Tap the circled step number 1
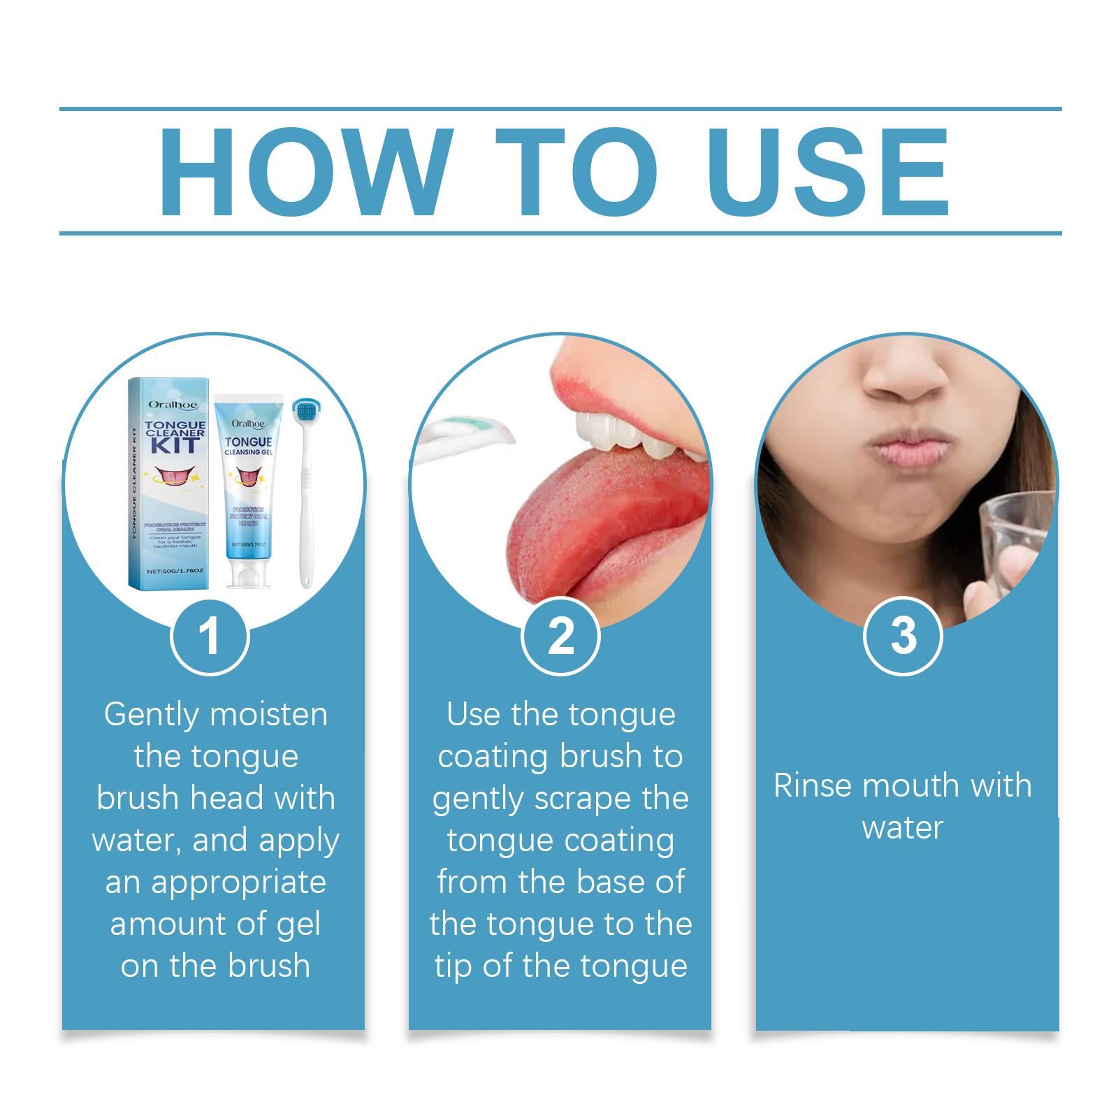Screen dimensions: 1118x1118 (x=210, y=636)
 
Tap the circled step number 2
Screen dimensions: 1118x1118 (x=561, y=636)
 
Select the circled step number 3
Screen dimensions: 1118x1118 (x=903, y=636)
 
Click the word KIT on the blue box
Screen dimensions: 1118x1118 (x=175, y=445)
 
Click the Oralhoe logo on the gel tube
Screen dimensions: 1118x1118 (x=248, y=422)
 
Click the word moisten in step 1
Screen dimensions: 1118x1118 (x=268, y=715)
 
